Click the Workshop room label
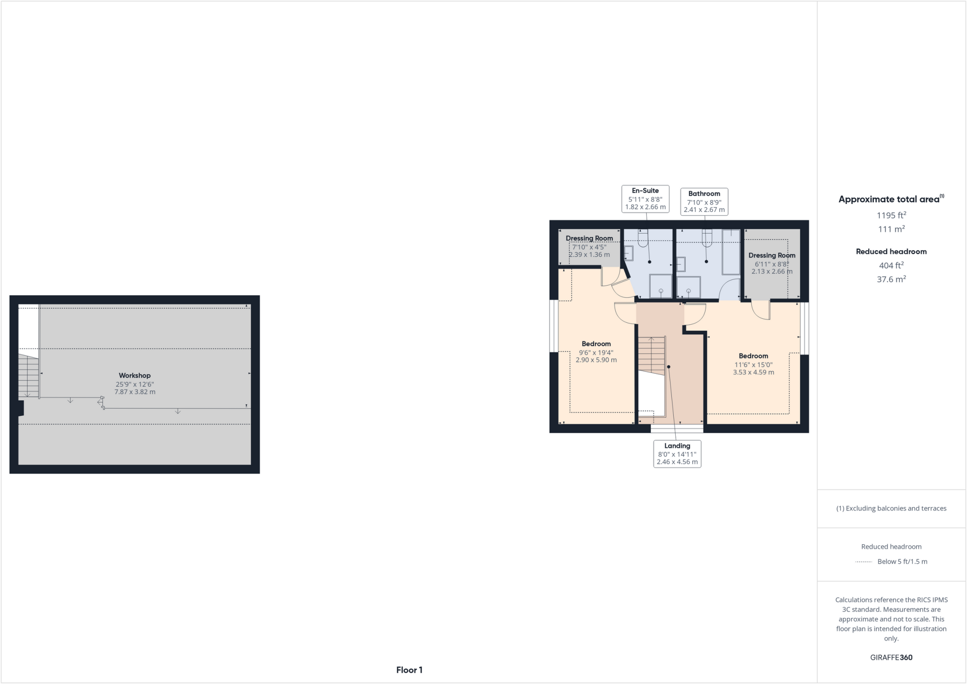(135, 376)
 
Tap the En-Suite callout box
(645, 199)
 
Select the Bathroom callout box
(704, 202)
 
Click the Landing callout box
(677, 454)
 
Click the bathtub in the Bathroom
(731, 252)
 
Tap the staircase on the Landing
(652, 356)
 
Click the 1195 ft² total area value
(891, 215)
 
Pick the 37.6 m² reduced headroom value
(891, 279)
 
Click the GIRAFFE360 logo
(891, 658)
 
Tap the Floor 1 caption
(409, 670)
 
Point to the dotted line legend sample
(864, 562)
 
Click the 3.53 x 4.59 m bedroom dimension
(753, 372)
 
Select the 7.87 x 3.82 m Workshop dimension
(135, 392)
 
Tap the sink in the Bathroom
(681, 264)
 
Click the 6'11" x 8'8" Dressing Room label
(772, 263)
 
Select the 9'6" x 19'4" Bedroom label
(596, 352)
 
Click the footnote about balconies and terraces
(891, 508)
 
